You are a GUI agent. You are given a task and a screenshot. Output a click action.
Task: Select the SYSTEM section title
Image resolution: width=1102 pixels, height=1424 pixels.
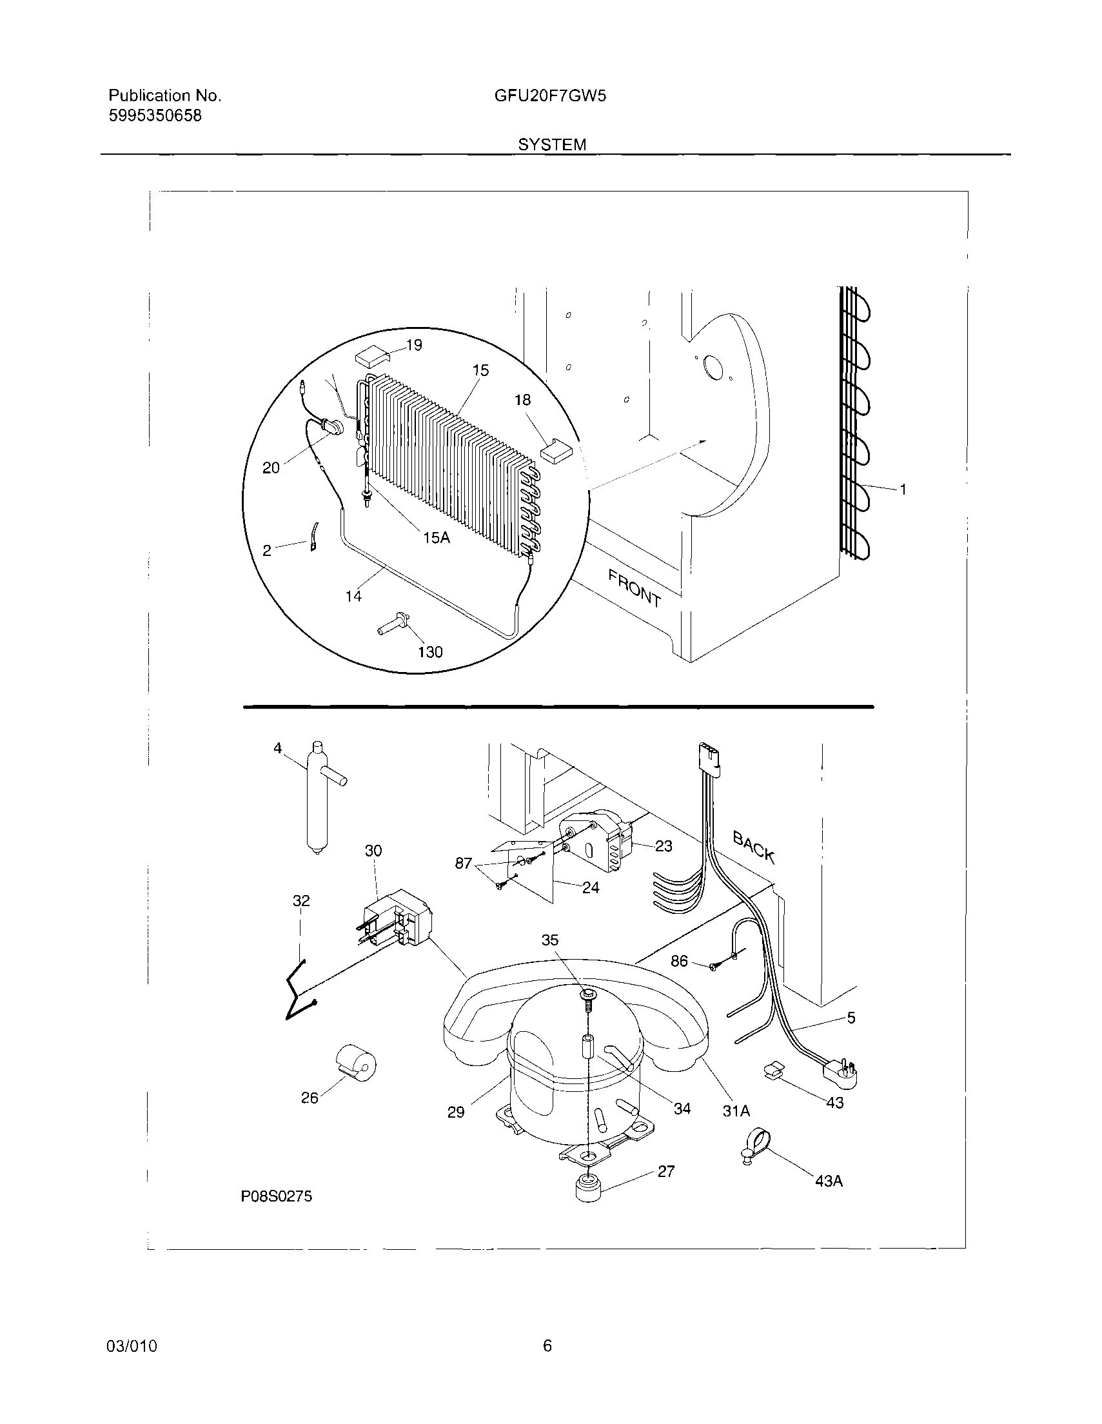(x=552, y=144)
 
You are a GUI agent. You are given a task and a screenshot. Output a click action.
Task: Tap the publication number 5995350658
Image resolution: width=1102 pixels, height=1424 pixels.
(x=155, y=116)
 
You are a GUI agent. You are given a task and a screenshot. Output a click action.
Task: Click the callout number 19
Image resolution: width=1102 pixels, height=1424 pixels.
(x=414, y=345)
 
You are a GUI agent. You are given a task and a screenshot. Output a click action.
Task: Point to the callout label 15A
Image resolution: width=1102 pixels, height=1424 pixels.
(x=437, y=538)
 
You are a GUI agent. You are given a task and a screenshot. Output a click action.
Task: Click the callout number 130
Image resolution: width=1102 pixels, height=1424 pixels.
(x=429, y=651)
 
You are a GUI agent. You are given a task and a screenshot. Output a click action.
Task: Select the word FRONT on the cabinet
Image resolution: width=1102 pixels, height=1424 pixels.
(x=634, y=588)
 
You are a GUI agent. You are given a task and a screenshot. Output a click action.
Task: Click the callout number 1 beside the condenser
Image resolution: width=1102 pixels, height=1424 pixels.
(x=903, y=489)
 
